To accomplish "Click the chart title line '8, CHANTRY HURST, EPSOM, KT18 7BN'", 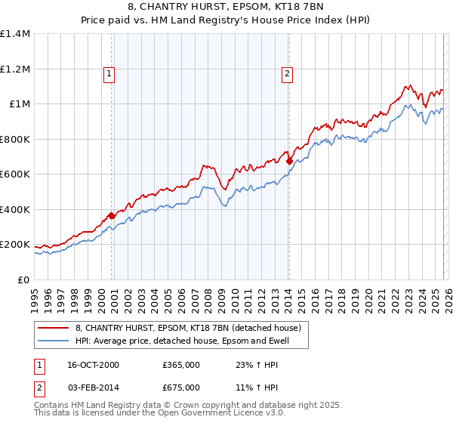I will [226, 7].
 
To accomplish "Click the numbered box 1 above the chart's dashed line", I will [110, 73].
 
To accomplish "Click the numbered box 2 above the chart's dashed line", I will [288, 73].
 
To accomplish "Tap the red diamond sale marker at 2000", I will [112, 216].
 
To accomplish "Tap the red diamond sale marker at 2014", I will [289, 161].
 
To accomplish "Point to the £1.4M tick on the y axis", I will [15, 34].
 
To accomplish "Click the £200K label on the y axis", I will [15, 245].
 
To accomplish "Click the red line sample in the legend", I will [54, 328].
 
